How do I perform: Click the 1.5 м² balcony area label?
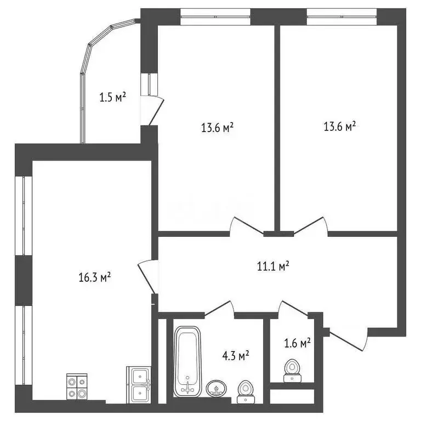pyautogui.click(x=113, y=98)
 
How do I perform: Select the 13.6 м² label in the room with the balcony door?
pyautogui.click(x=218, y=128)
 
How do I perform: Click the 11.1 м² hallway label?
pyautogui.click(x=273, y=266)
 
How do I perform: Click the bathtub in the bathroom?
pyautogui.click(x=188, y=361)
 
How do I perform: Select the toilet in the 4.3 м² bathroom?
pyautogui.click(x=244, y=389)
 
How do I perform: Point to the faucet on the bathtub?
pyautogui.click(x=188, y=386)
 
